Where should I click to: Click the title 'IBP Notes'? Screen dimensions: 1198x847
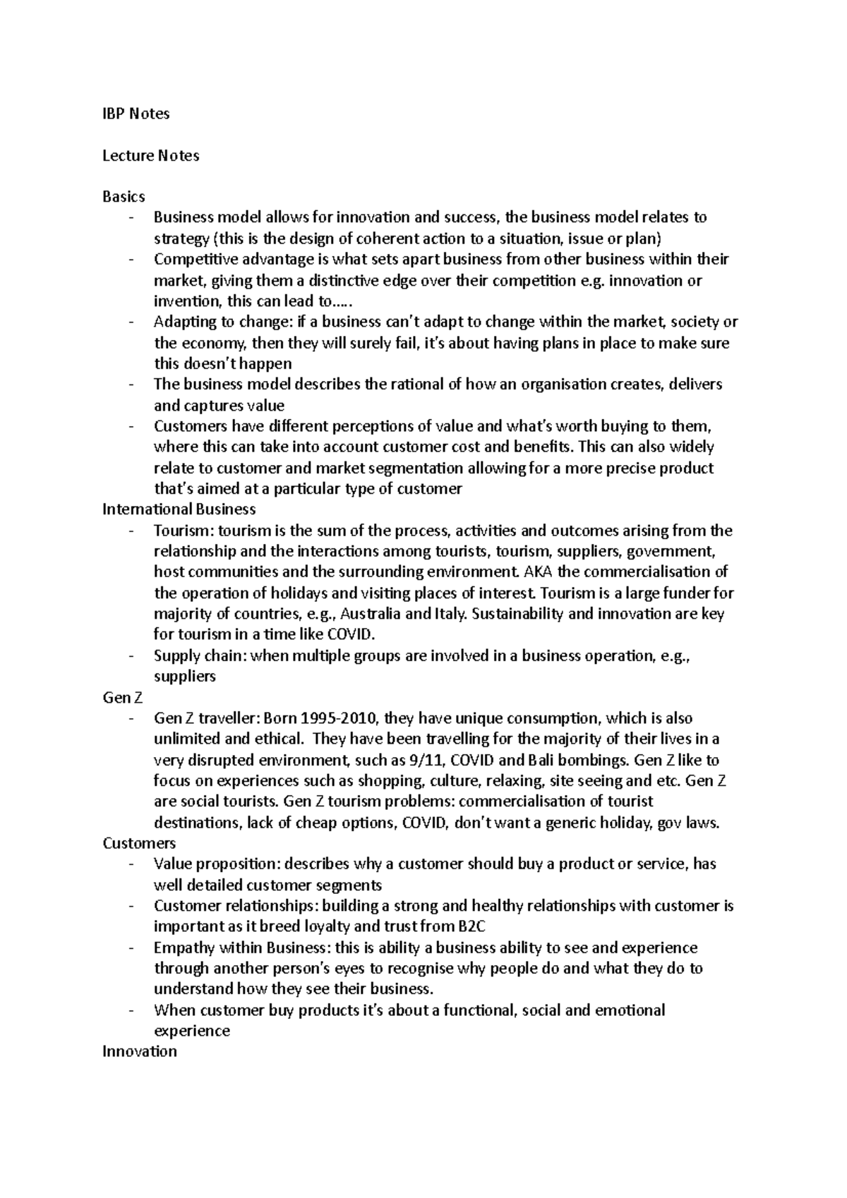point(136,114)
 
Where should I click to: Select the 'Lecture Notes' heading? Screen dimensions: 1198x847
point(150,155)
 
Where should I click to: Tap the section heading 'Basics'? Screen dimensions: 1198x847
point(124,197)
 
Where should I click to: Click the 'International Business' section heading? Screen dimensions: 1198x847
point(179,509)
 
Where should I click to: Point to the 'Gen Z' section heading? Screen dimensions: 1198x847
point(123,698)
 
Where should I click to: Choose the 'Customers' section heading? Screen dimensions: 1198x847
point(139,843)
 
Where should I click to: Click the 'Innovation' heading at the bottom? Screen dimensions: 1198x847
point(139,1051)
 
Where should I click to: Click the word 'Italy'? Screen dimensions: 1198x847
point(450,614)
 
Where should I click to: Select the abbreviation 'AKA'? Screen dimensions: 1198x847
point(534,572)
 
